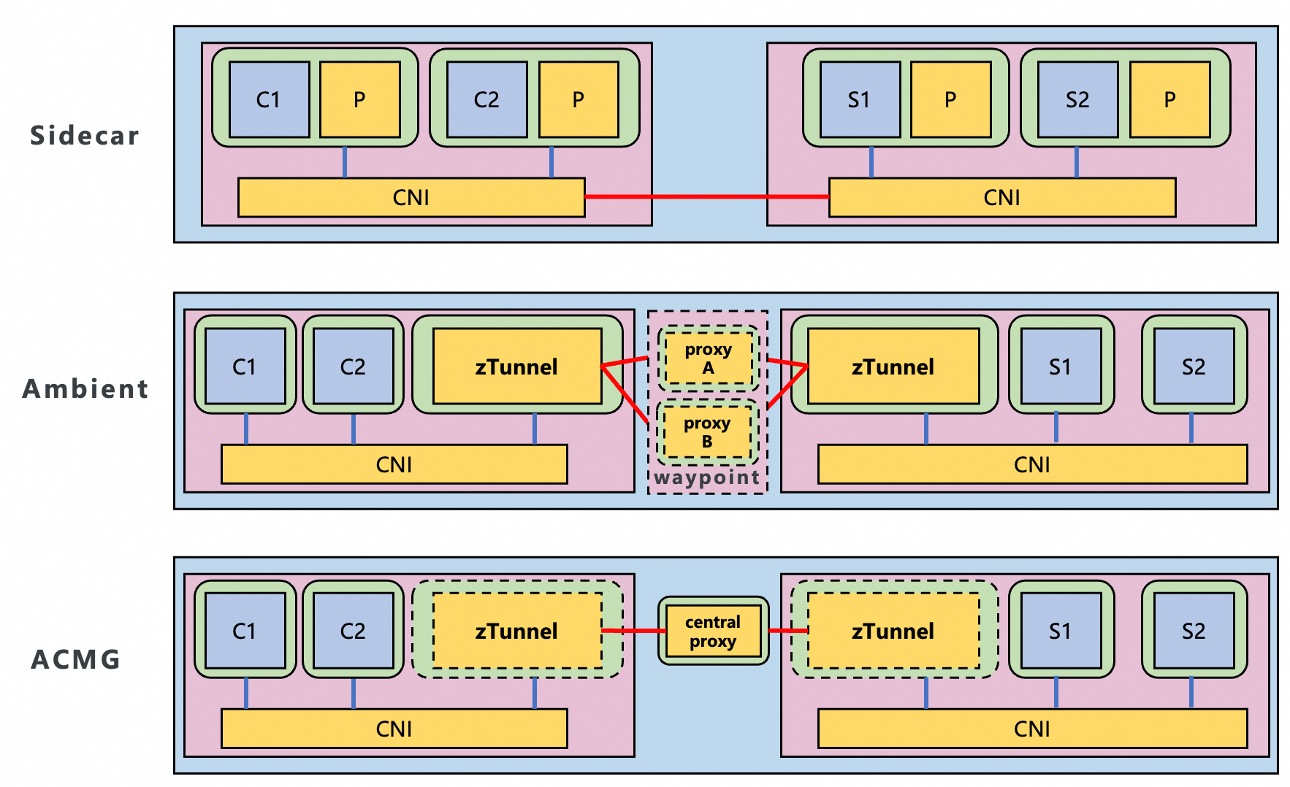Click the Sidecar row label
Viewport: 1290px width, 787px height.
coord(84,136)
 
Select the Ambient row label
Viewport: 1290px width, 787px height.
coord(85,388)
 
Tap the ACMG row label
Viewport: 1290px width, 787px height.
coord(76,659)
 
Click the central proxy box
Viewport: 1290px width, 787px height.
coord(713,631)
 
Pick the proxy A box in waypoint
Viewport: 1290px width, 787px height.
coord(708,358)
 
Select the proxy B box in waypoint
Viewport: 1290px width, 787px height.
coord(707,432)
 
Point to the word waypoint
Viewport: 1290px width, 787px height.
coord(706,477)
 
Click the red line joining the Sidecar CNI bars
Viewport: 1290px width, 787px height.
coord(707,196)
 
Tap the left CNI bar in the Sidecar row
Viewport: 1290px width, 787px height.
coord(411,198)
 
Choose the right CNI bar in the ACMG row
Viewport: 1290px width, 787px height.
coord(1031,729)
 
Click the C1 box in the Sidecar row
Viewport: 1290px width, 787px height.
coord(269,99)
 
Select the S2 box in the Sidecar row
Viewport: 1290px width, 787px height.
coord(1077,99)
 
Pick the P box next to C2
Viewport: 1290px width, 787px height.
coord(578,99)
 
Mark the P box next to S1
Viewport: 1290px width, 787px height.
coord(950,99)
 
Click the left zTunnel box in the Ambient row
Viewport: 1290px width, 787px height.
coord(516,366)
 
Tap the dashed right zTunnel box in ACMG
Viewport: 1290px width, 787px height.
coord(893,631)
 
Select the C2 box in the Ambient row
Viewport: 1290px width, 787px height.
coord(353,366)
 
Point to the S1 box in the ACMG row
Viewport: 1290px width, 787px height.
coord(1060,631)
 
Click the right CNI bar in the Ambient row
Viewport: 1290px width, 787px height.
coord(1031,464)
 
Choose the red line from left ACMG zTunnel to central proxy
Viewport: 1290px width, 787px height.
coord(634,631)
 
